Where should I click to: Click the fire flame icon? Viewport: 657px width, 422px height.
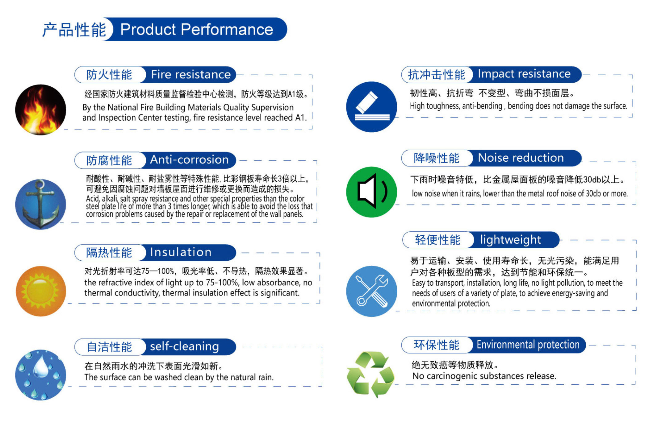pyautogui.click(x=40, y=110)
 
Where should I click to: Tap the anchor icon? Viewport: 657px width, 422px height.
pyautogui.click(x=40, y=204)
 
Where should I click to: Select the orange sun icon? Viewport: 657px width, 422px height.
pyautogui.click(x=41, y=291)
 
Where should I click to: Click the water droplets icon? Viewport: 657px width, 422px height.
pyautogui.click(x=40, y=375)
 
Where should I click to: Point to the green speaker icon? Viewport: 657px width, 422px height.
pyautogui.click(x=372, y=192)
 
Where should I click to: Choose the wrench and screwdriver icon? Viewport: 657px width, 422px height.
pyautogui.click(x=372, y=291)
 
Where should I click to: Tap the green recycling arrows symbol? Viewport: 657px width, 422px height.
pyautogui.click(x=370, y=374)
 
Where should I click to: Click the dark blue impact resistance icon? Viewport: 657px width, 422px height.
pyautogui.click(x=372, y=107)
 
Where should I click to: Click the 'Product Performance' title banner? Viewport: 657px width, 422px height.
pyautogui.click(x=197, y=29)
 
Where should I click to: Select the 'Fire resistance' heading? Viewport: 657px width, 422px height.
pyautogui.click(x=191, y=74)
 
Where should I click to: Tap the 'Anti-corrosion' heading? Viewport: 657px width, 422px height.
pyautogui.click(x=189, y=160)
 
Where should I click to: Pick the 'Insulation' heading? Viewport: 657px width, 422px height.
pyautogui.click(x=181, y=252)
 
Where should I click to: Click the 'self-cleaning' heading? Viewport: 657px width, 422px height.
pyautogui.click(x=184, y=346)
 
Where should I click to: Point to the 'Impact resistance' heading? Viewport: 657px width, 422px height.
pyautogui.click(x=524, y=74)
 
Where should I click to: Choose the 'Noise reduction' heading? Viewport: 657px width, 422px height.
pyautogui.click(x=521, y=158)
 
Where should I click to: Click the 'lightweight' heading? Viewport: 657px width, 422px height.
pyautogui.click(x=510, y=240)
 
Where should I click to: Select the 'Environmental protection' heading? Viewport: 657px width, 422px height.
pyautogui.click(x=528, y=345)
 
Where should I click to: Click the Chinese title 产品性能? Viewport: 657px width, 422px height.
pyautogui.click(x=74, y=30)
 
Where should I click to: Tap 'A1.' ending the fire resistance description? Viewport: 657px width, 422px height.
pyautogui.click(x=301, y=118)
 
